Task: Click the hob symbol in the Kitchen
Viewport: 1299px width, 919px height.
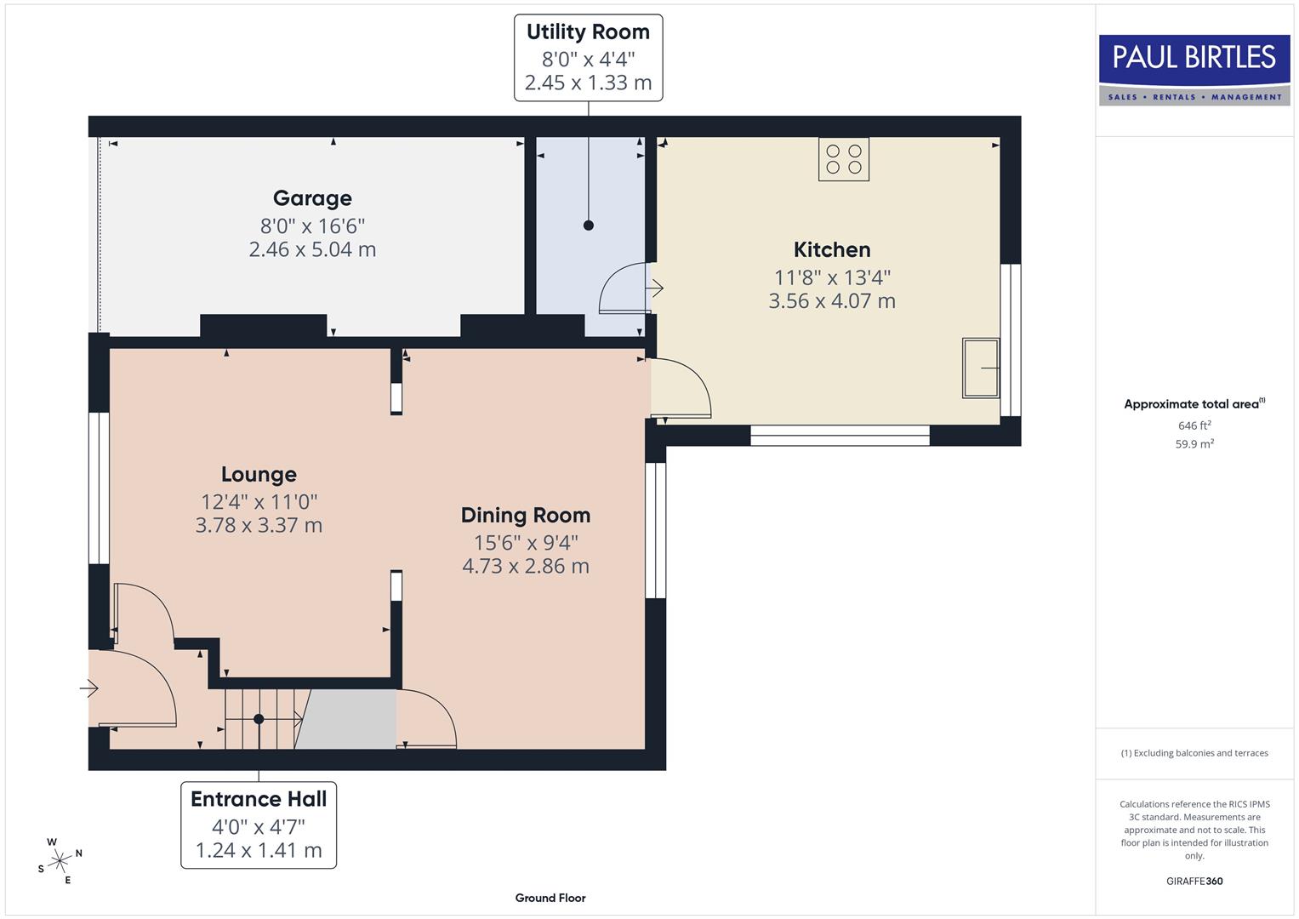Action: click(x=844, y=159)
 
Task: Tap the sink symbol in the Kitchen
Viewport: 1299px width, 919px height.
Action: click(x=980, y=368)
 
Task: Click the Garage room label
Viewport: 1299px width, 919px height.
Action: click(x=312, y=198)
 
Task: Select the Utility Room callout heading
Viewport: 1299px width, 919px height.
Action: click(x=588, y=32)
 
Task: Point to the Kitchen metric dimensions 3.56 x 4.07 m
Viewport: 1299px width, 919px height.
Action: click(x=831, y=301)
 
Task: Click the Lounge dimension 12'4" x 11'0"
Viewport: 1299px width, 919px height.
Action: click(x=259, y=502)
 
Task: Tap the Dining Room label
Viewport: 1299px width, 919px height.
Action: click(x=525, y=515)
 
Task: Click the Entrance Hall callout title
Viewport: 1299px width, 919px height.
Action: click(x=259, y=799)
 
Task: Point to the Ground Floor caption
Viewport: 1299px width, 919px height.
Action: click(x=550, y=898)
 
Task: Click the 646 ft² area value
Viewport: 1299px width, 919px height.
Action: click(x=1194, y=425)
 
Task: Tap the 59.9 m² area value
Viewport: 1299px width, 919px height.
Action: click(x=1194, y=443)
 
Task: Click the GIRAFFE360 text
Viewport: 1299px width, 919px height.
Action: click(x=1194, y=881)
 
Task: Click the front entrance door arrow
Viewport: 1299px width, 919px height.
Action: click(x=89, y=688)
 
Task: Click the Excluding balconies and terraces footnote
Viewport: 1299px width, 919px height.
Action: click(x=1194, y=753)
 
